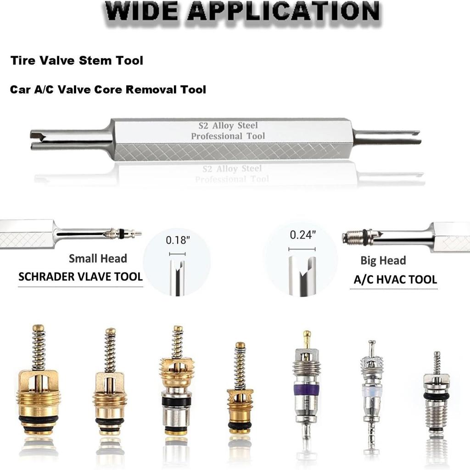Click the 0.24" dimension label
click(302, 235)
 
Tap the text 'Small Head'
click(98, 258)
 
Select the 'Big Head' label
click(383, 261)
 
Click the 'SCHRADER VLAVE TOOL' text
click(80, 277)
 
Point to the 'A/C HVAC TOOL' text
click(395, 280)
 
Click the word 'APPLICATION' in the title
click(284, 11)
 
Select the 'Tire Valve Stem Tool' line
click(77, 60)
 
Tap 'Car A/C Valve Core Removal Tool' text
click(108, 89)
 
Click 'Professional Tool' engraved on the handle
click(228, 136)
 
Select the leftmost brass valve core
click(39, 386)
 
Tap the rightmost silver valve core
click(436, 395)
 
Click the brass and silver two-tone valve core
click(177, 386)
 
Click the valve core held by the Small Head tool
click(122, 234)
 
